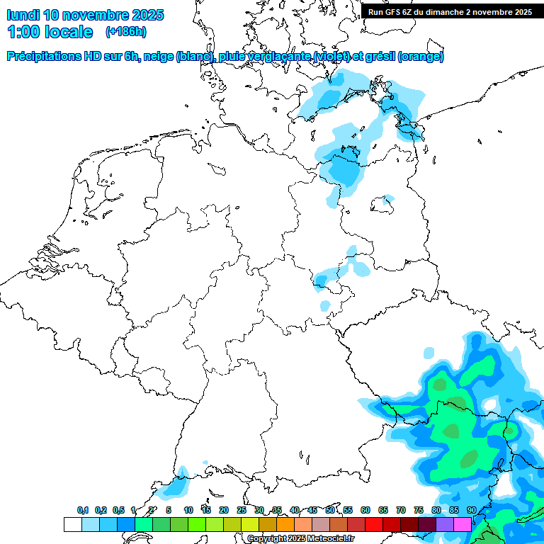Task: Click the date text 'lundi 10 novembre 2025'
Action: (x=85, y=15)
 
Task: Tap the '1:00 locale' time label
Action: (x=50, y=32)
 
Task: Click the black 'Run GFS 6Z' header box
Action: (x=450, y=11)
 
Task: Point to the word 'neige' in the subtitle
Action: (x=161, y=57)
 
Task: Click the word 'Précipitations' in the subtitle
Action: (x=43, y=57)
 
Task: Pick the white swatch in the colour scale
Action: (x=72, y=525)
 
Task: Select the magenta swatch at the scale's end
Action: (x=463, y=525)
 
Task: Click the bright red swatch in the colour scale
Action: (x=374, y=525)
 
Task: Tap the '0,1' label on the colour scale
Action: (x=83, y=510)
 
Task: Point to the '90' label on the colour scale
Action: (x=471, y=510)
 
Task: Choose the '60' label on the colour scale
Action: (x=365, y=510)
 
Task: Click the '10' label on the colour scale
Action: (x=188, y=510)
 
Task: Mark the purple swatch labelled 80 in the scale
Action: (x=445, y=525)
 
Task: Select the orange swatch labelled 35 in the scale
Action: (x=285, y=525)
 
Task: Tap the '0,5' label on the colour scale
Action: (x=118, y=510)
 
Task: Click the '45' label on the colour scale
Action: (x=312, y=510)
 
